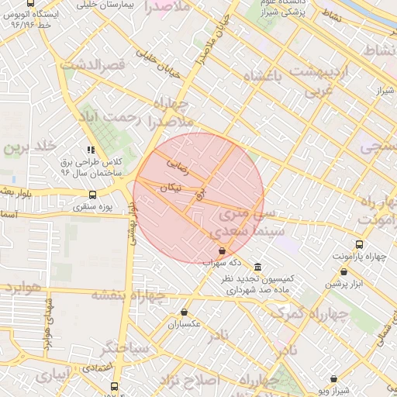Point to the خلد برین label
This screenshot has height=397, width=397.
pyautogui.click(x=30, y=147)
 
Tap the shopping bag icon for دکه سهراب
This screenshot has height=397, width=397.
pyautogui.click(x=223, y=250)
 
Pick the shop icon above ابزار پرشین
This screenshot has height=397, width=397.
pyautogui.click(x=344, y=272)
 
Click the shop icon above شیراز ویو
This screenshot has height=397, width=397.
pyautogui.click(x=334, y=379)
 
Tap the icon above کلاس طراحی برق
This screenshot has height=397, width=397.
pyautogui.click(x=91, y=150)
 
